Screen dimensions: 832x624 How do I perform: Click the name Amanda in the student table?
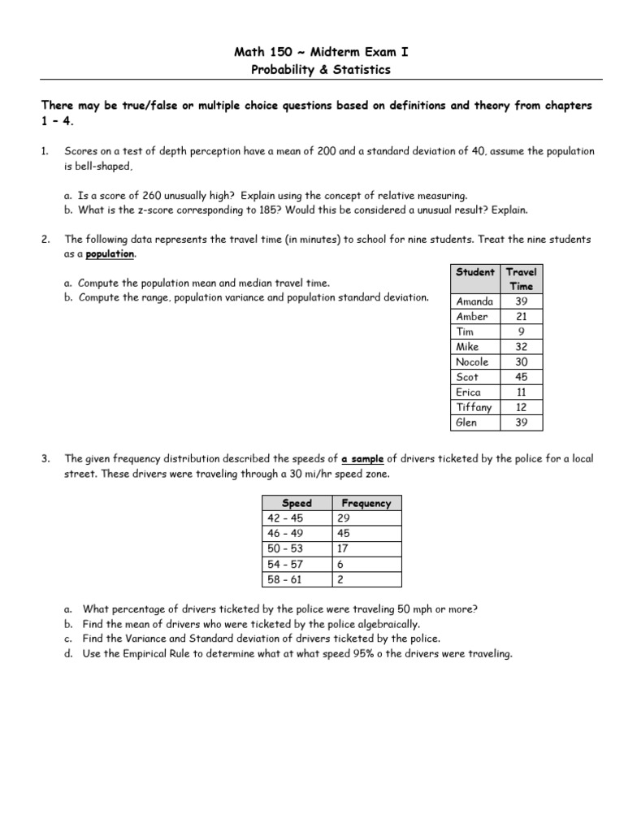coord(474,301)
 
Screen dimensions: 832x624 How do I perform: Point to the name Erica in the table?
coord(469,392)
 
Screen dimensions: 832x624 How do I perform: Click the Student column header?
coord(475,271)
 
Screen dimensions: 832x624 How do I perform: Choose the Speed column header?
coord(296,503)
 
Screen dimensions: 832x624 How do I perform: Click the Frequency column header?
coord(366,503)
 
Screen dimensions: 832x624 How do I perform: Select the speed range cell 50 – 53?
coord(284,548)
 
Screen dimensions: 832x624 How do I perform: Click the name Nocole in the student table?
coord(473,362)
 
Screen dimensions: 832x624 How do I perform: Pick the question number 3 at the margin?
coord(45,459)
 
